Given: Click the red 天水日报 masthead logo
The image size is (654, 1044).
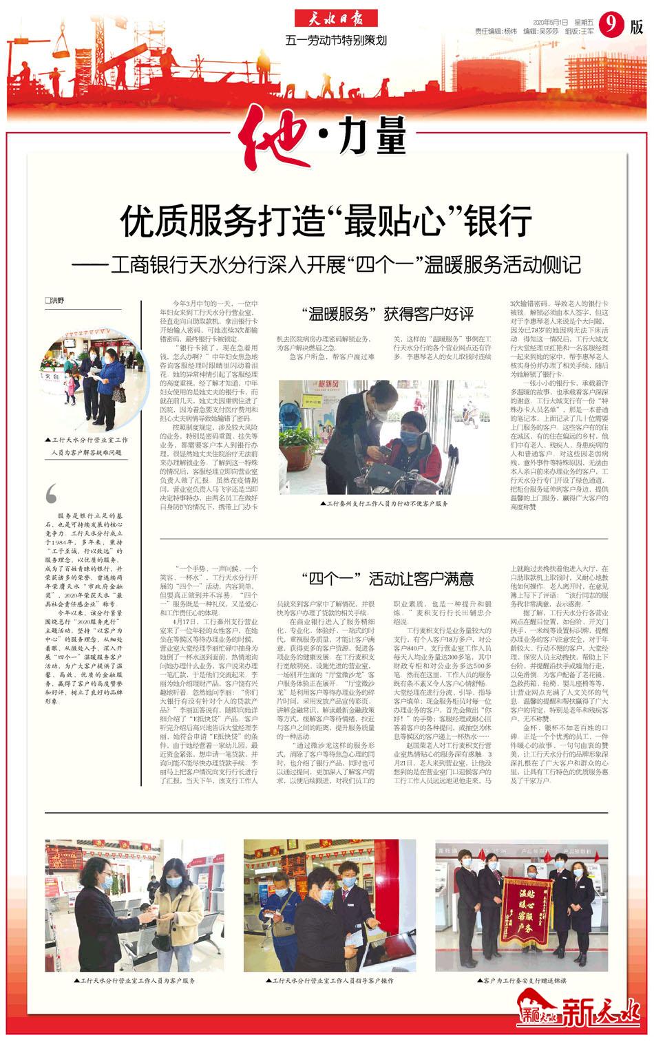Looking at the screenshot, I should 337,19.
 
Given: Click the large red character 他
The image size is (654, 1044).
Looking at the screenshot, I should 283,138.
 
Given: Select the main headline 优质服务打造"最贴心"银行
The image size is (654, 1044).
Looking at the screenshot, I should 326,221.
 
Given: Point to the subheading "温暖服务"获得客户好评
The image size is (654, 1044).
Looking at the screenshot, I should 388,315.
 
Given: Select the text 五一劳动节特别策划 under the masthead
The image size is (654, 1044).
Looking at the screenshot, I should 336,41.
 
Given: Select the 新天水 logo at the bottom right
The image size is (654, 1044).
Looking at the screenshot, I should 578,1013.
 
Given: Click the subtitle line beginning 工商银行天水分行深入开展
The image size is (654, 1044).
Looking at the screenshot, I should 326,265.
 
